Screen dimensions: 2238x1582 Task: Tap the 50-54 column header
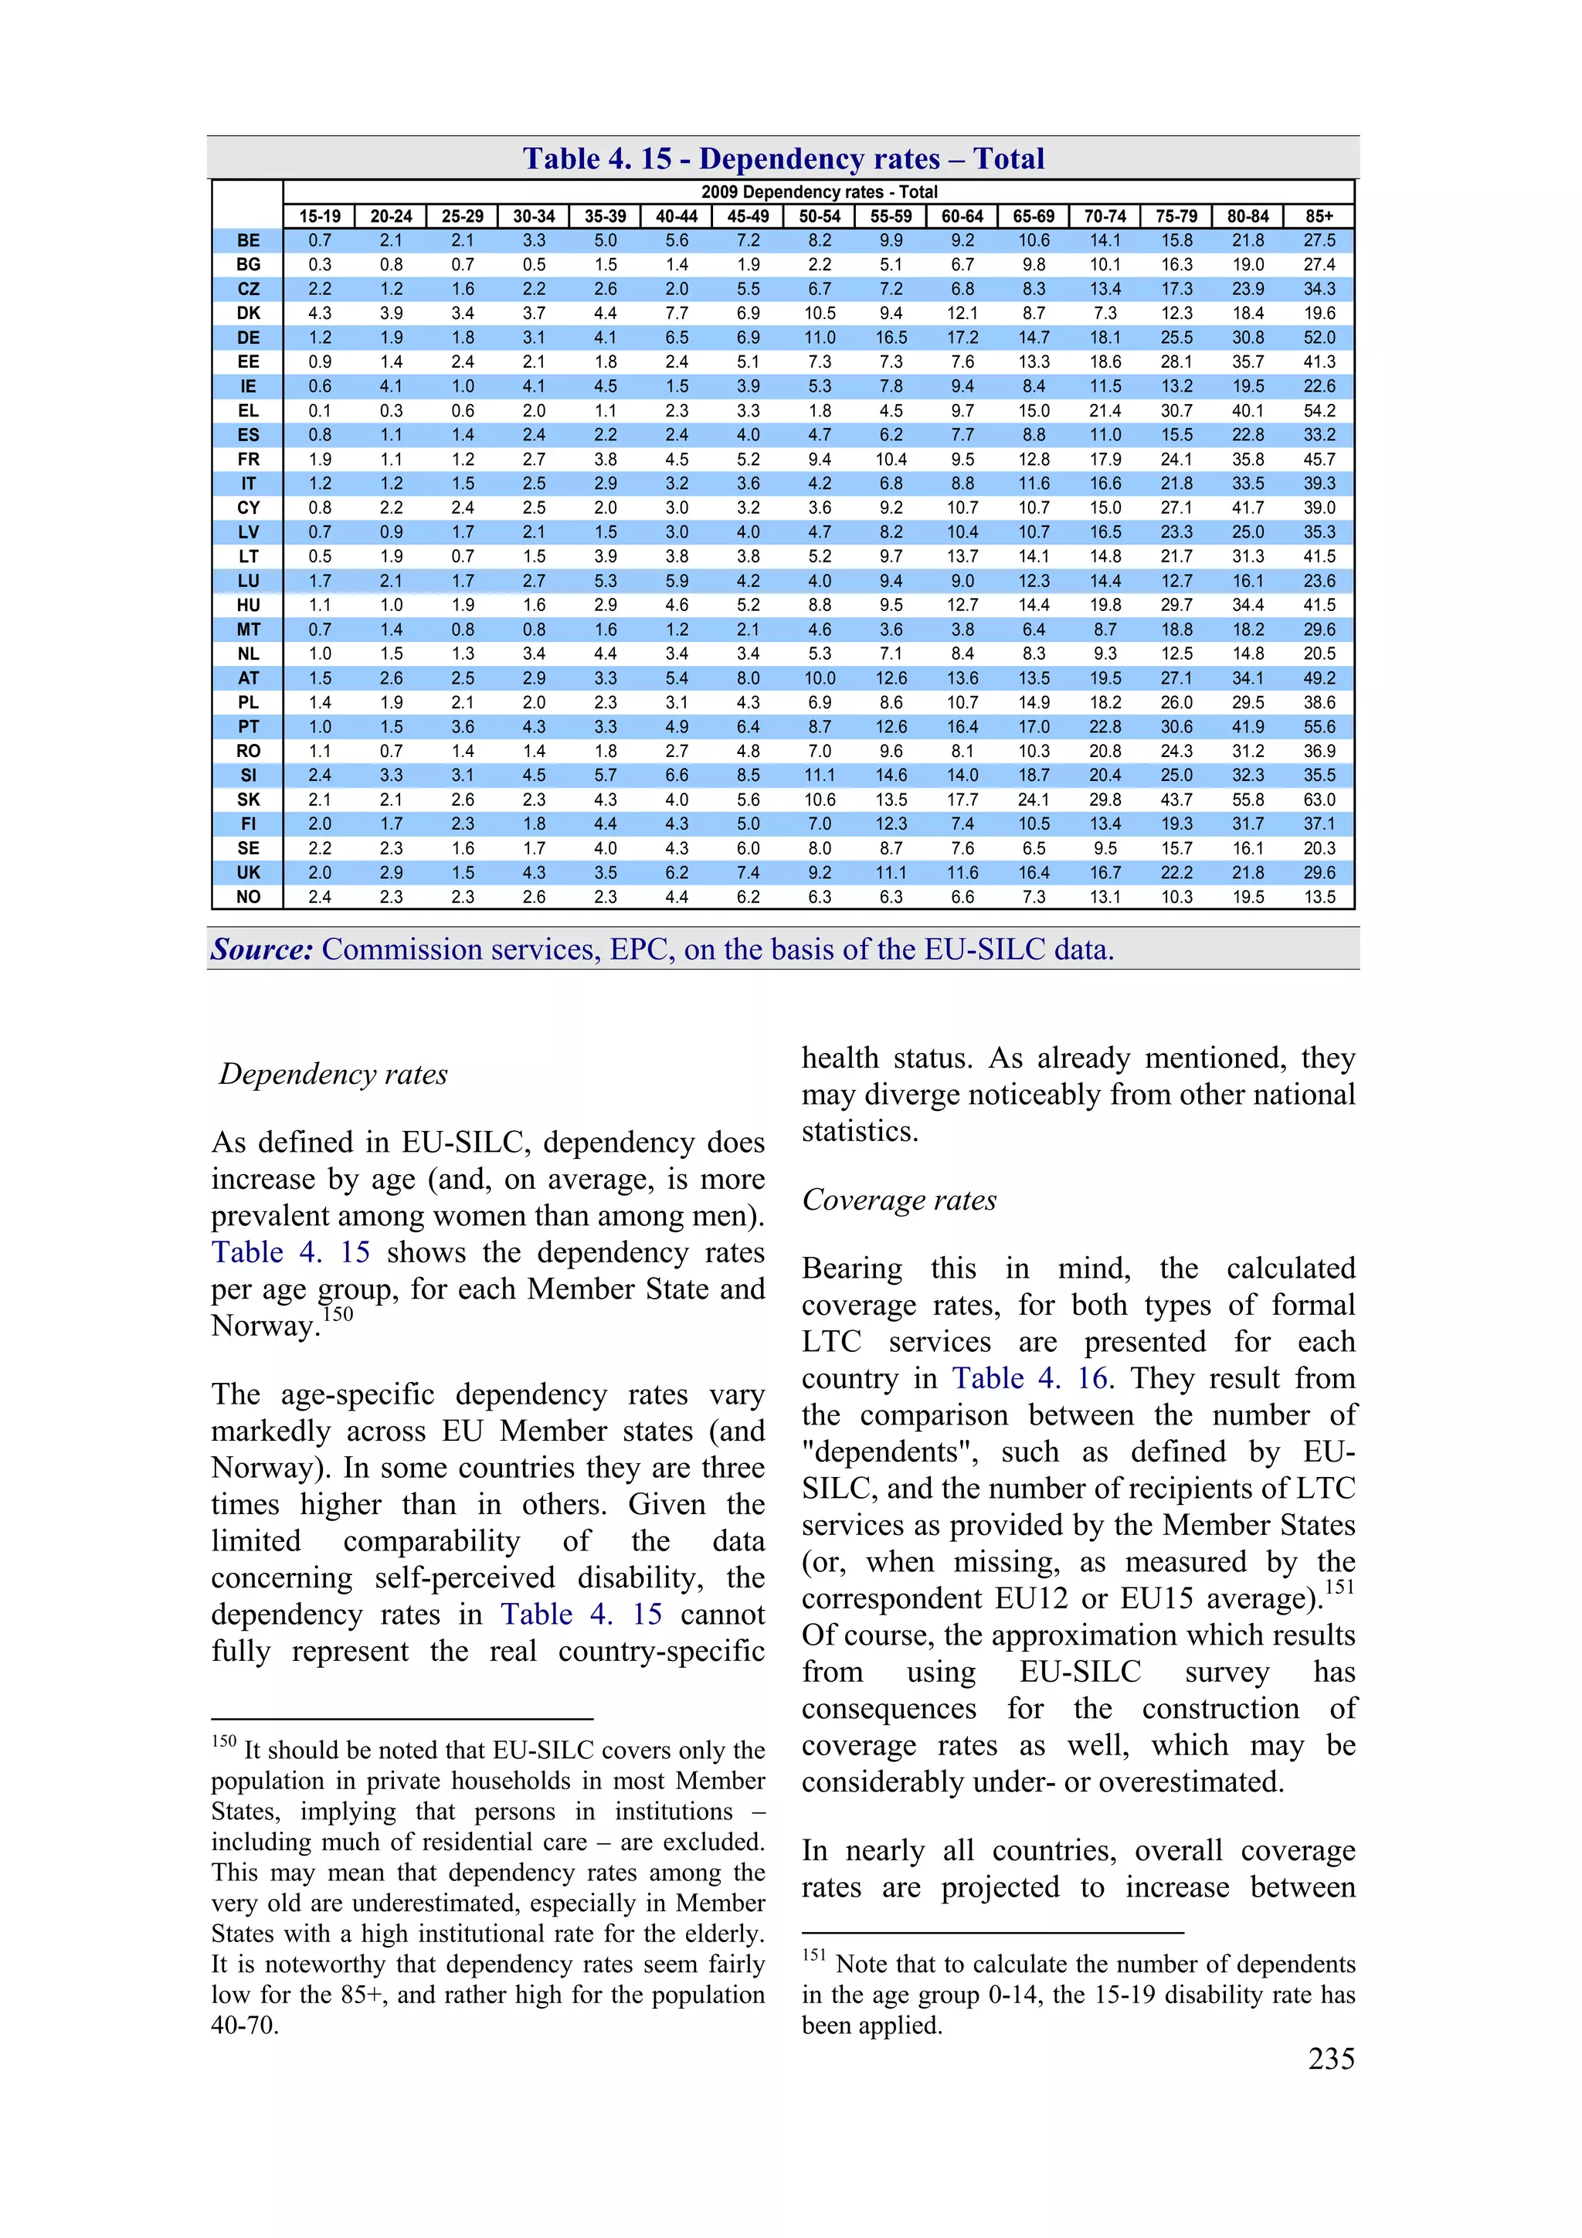pyautogui.click(x=819, y=216)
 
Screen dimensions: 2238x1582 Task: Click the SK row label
pyautogui.click(x=249, y=800)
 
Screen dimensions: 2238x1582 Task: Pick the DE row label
pyautogui.click(x=249, y=338)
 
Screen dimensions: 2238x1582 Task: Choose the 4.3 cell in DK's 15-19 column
pyautogui.click(x=320, y=313)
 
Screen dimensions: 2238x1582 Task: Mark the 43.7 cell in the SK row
pyautogui.click(x=1176, y=800)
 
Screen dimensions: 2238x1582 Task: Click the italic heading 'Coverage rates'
pyautogui.click(x=898, y=1200)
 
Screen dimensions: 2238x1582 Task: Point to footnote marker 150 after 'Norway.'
pyautogui.click(x=338, y=1314)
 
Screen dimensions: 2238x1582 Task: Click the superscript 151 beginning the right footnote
pyautogui.click(x=814, y=1955)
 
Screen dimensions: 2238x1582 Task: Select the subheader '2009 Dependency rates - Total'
pyautogui.click(x=819, y=192)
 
